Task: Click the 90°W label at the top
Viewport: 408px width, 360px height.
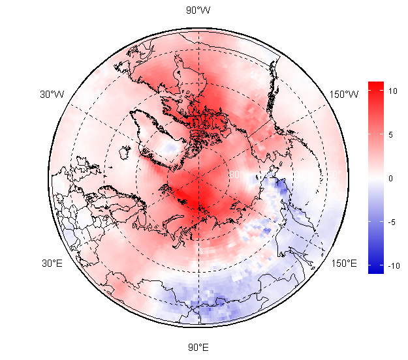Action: (x=198, y=10)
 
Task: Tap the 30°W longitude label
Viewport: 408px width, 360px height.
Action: (x=52, y=95)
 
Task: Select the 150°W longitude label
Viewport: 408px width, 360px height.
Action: (x=344, y=95)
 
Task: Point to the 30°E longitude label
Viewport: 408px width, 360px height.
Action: (x=52, y=263)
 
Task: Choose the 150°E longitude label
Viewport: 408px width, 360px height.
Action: (x=344, y=263)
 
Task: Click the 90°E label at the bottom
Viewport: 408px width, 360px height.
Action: (x=198, y=347)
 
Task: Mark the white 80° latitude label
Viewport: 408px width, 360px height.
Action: (x=235, y=175)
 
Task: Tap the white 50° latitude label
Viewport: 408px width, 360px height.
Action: (x=332, y=175)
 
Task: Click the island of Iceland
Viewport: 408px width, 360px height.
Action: (x=125, y=151)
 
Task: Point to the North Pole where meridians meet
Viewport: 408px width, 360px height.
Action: (x=198, y=176)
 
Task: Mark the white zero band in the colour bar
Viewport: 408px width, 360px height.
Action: (x=375, y=177)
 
